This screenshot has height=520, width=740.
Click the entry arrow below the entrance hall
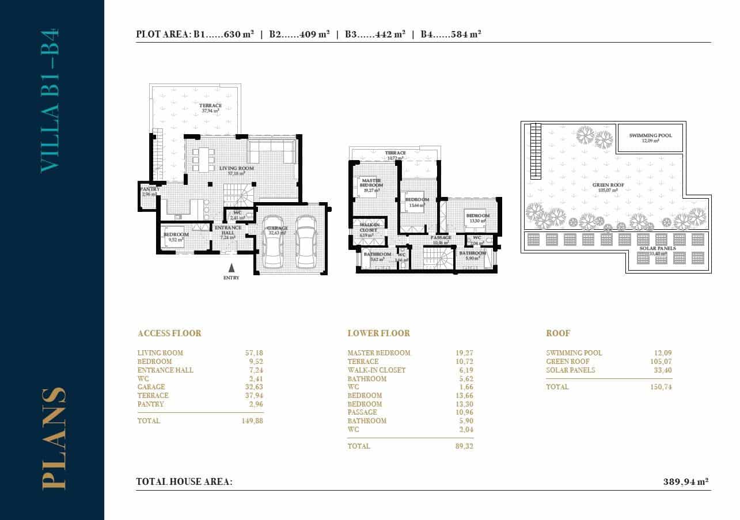[232, 268]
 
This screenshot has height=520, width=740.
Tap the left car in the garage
[272, 242]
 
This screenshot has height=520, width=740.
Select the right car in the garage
[306, 242]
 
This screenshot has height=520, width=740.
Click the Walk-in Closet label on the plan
[368, 227]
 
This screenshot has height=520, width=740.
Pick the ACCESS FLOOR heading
[169, 333]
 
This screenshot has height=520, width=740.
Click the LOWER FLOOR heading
[378, 333]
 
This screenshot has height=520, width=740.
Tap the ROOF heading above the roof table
[557, 333]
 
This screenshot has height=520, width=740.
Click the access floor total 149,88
[252, 421]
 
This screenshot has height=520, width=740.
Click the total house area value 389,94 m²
[685, 481]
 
